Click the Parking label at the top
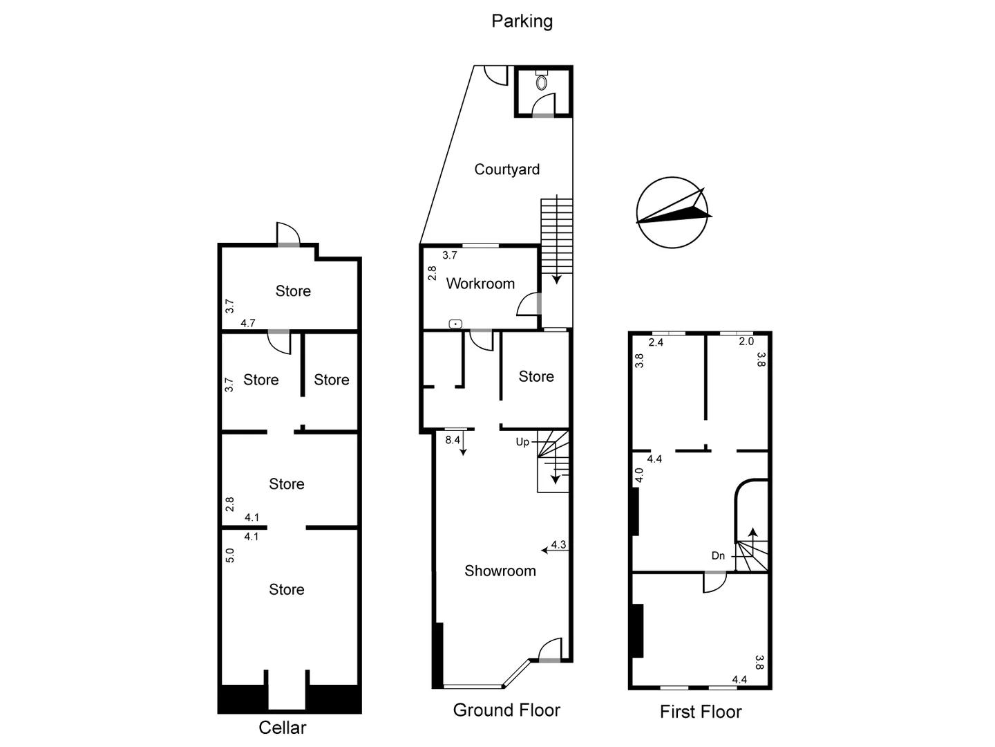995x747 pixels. (522, 21)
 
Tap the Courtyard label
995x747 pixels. (506, 169)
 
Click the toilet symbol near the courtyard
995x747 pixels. (542, 82)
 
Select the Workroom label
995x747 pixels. (480, 284)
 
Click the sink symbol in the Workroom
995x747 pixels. (455, 323)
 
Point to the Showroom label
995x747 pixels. (500, 571)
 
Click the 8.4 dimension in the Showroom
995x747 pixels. (453, 440)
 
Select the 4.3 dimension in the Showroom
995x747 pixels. (558, 544)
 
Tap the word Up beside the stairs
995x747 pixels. (522, 442)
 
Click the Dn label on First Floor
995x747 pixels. (718, 555)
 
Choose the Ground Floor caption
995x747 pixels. (506, 710)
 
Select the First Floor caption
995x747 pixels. (700, 712)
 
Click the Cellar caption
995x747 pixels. (282, 727)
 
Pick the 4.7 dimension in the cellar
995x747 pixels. (248, 323)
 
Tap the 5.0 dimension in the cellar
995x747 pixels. (230, 555)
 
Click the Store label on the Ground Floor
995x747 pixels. (536, 376)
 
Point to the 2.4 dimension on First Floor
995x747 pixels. (656, 342)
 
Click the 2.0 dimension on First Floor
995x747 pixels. (746, 342)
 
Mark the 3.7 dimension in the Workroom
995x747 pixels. (450, 255)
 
